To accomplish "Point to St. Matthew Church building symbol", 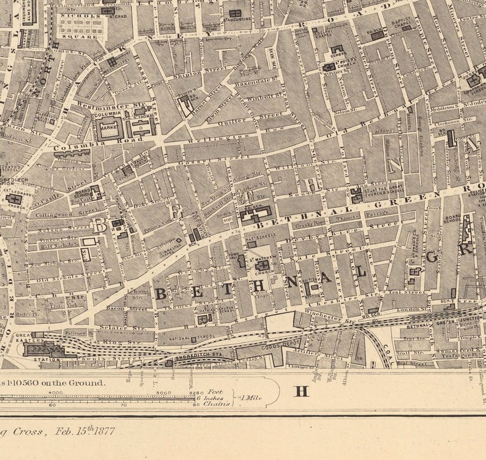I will click(262, 265).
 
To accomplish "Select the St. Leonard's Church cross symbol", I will click(13, 199).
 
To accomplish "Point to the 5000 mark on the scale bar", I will click(162, 393).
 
